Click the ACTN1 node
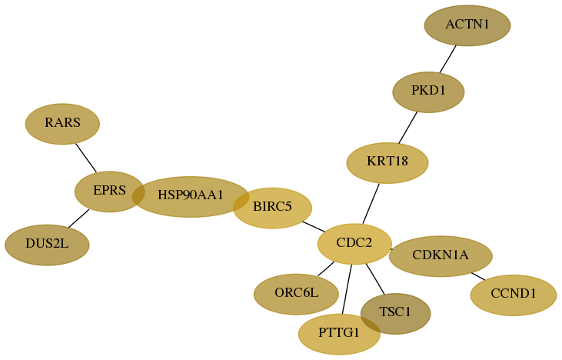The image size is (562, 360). (x=467, y=25)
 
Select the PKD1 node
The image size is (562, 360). (x=428, y=92)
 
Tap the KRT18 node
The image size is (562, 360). (x=387, y=163)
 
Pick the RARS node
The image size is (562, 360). (x=62, y=124)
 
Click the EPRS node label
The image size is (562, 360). (x=109, y=191)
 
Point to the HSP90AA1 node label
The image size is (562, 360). (x=191, y=195)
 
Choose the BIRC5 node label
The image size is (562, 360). (x=272, y=207)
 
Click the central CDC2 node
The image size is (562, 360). (x=354, y=244)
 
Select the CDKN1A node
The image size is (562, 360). (x=441, y=256)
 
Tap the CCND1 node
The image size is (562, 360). (x=514, y=295)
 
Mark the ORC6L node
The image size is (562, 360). (x=296, y=295)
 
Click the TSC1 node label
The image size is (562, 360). (x=395, y=312)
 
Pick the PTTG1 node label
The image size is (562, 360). (x=339, y=333)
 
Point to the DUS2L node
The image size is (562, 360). (x=47, y=245)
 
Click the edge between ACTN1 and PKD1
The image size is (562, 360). (x=448, y=58)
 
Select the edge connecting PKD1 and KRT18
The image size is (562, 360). (x=408, y=128)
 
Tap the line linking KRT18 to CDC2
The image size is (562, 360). (x=371, y=204)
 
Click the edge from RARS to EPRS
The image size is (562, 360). (x=86, y=158)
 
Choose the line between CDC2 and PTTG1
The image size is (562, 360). (x=347, y=289)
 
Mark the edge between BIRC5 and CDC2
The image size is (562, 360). (x=314, y=227)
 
